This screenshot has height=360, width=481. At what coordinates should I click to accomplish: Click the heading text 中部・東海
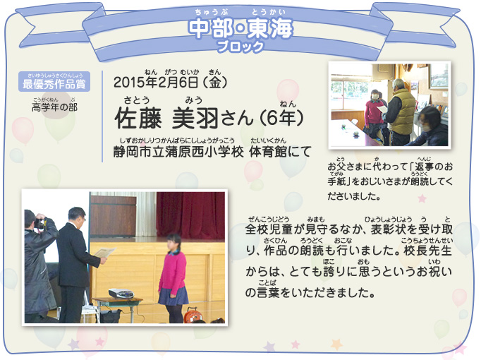click(240, 28)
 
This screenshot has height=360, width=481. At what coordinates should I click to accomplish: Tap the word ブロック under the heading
click(240, 47)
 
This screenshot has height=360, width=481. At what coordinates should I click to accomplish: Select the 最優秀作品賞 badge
click(54, 82)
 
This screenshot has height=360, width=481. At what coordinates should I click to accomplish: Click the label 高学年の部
click(54, 107)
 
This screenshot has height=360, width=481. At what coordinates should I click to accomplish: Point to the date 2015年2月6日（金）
click(171, 83)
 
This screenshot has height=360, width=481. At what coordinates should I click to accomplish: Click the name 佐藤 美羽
click(166, 119)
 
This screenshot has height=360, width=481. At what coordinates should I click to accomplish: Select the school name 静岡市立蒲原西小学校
click(178, 152)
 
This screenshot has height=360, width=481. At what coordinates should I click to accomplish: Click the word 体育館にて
click(281, 152)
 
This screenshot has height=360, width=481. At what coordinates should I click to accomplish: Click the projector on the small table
click(121, 293)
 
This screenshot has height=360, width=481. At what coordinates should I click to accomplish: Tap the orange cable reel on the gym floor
click(192, 315)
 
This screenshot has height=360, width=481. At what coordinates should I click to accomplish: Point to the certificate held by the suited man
click(105, 253)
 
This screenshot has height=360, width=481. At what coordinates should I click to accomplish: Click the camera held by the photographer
click(40, 223)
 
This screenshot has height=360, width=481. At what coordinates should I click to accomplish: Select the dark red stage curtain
click(190, 215)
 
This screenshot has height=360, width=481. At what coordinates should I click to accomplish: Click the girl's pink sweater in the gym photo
click(172, 272)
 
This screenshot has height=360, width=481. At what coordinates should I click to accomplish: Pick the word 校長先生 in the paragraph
click(427, 251)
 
